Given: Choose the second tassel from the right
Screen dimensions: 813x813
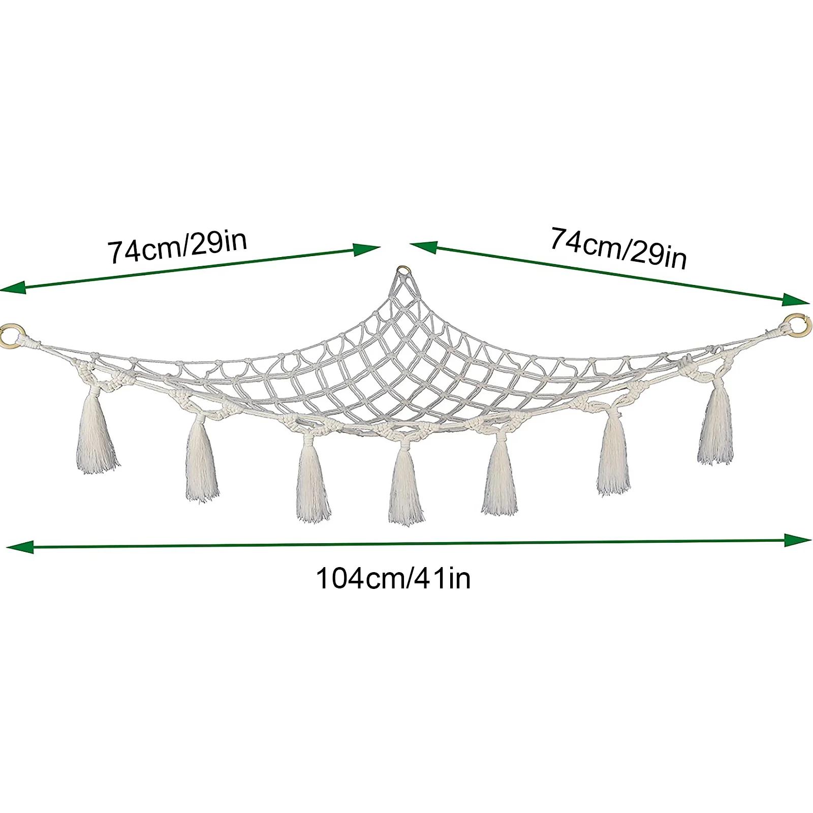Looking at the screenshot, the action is (614, 460).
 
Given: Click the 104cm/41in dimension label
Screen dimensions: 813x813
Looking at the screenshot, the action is (393, 578).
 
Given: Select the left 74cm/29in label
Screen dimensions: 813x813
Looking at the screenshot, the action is (177, 246).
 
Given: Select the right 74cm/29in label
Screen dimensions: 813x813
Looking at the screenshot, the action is (618, 248).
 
